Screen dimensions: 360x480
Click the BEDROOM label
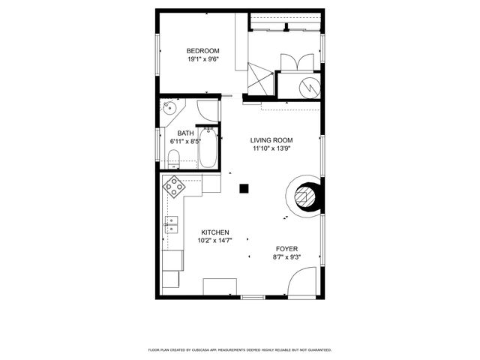202,50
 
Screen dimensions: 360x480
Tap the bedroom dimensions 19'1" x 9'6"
202,60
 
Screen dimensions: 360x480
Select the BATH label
185,133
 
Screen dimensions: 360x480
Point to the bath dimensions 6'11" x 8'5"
185,141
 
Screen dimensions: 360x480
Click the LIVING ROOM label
271,140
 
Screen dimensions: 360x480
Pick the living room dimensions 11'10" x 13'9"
271,148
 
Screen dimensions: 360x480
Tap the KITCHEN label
214,232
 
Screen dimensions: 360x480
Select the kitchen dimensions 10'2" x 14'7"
214,241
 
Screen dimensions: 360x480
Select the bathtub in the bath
207,148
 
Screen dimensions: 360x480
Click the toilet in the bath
173,158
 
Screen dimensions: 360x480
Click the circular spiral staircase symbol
304,196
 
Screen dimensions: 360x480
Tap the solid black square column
244,188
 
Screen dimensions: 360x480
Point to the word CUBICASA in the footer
226,350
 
